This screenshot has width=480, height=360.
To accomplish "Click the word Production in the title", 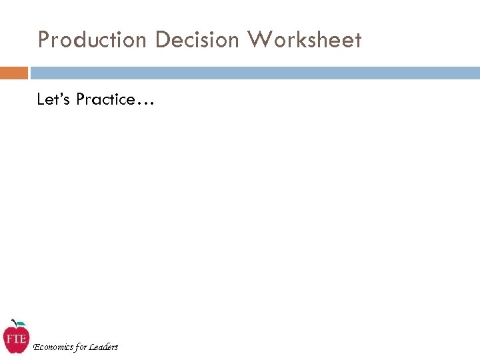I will click(92, 41).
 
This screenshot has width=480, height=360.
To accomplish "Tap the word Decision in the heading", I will click(197, 41).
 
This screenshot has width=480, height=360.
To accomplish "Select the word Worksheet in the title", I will click(304, 41).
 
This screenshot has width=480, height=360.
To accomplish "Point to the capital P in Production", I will click(44, 41).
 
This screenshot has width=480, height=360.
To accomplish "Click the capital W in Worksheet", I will click(259, 41).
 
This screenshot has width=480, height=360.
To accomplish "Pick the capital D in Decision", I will click(161, 41).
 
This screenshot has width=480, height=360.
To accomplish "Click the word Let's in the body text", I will click(54, 99).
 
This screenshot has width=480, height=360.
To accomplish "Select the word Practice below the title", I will click(105, 99).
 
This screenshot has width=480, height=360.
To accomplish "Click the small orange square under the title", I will click(14, 73).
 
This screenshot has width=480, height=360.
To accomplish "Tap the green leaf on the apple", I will click(21, 324).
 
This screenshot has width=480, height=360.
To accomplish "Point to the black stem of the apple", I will click(15, 322).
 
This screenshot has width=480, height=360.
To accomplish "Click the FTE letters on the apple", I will click(15, 338).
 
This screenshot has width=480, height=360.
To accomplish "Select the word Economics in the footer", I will click(53, 347).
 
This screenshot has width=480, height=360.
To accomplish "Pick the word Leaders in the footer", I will click(103, 347).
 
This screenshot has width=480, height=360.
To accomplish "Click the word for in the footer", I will click(81, 347).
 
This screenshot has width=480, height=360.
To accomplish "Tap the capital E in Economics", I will click(36, 347).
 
